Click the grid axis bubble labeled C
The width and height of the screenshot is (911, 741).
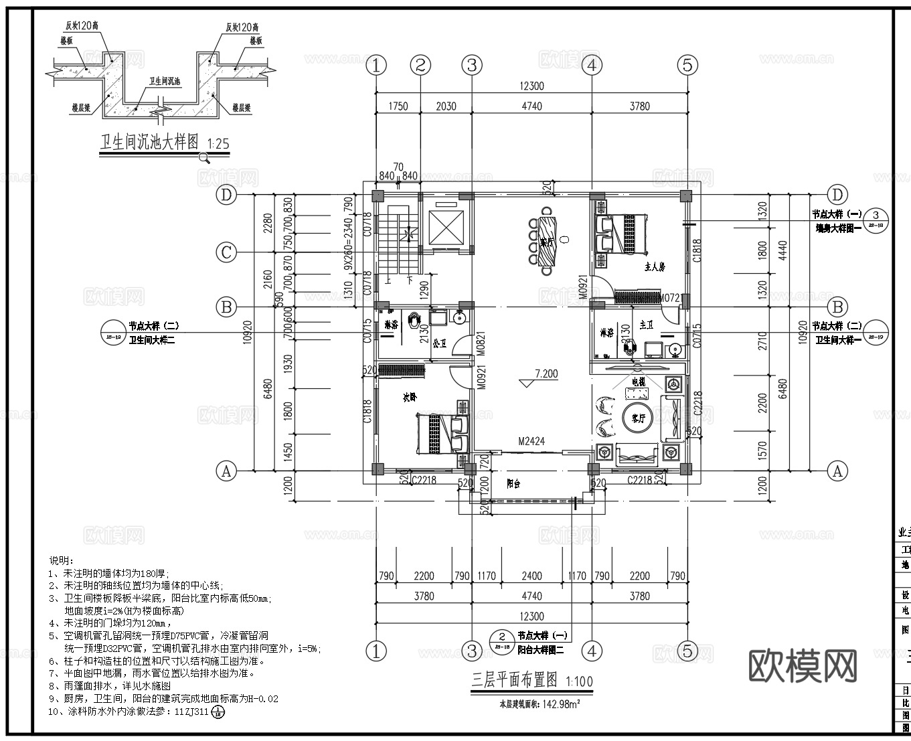tap(227, 252)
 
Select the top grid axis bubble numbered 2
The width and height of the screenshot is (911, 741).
tap(420, 65)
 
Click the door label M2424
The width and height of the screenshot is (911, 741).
tap(531, 441)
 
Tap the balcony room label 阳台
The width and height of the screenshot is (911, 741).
tap(513, 483)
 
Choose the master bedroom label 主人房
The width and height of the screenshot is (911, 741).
tap(654, 266)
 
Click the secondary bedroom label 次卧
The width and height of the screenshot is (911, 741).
tap(409, 397)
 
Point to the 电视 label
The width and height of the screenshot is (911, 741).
tap(637, 381)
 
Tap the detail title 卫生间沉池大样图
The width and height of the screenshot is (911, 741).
tap(149, 143)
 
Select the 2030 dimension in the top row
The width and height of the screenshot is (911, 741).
tap(446, 106)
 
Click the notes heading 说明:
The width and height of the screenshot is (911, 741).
tap(62, 560)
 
